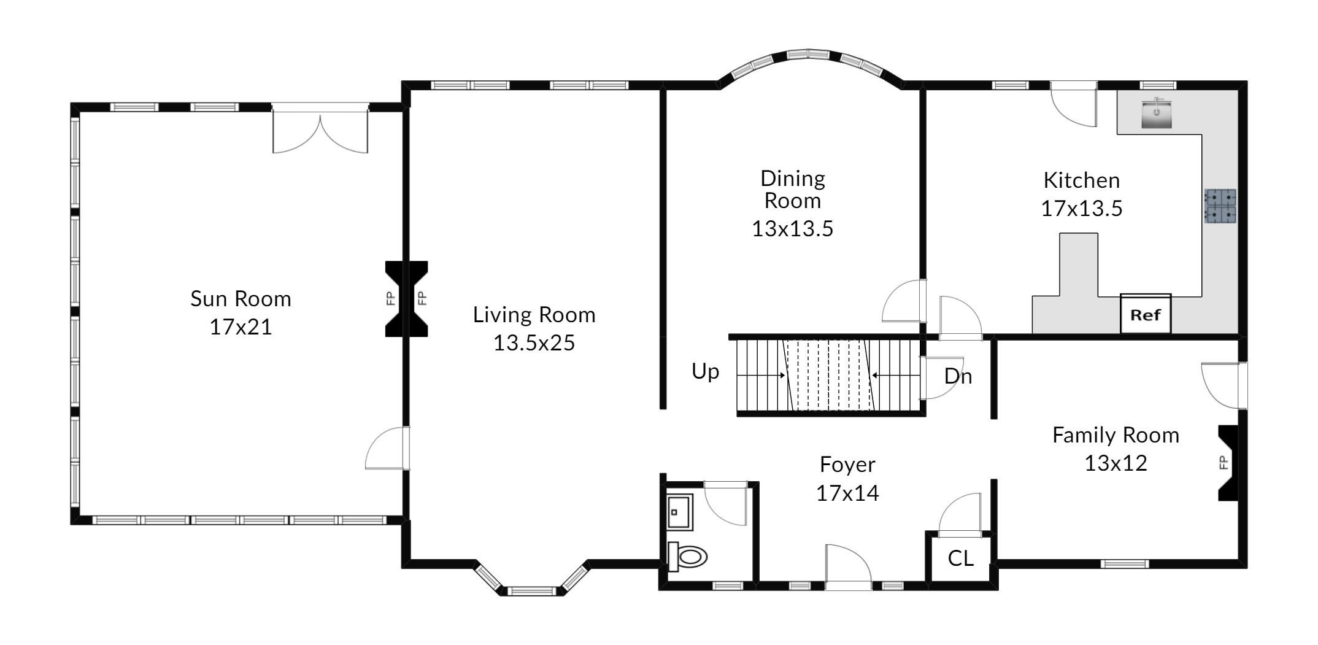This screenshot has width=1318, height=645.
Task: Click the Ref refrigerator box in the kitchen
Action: tap(1146, 314)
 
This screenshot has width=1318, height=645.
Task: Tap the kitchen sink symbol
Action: tap(1157, 115)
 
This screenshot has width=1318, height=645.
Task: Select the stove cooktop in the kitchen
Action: tap(1221, 206)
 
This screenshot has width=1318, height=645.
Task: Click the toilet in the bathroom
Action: tap(687, 557)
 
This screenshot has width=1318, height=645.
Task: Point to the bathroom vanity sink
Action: tap(680, 512)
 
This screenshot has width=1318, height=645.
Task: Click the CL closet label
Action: tap(961, 558)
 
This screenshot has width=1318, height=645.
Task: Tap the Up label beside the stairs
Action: tap(706, 372)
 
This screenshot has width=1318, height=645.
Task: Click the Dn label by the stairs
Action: tap(958, 376)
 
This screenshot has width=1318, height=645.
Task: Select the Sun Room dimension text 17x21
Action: tap(241, 327)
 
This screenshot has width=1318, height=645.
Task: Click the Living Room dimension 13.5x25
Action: tap(534, 342)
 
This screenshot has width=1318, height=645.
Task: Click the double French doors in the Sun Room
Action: tap(320, 131)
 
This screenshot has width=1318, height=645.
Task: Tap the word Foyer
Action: tap(847, 465)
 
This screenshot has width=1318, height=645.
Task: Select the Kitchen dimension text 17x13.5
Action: tap(1082, 209)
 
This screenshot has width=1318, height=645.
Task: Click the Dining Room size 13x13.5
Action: tap(793, 229)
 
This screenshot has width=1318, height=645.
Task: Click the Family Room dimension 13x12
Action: tap(1116, 463)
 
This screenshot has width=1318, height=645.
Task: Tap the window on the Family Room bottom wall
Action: tap(1124, 564)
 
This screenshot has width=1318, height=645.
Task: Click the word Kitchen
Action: tap(1082, 180)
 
